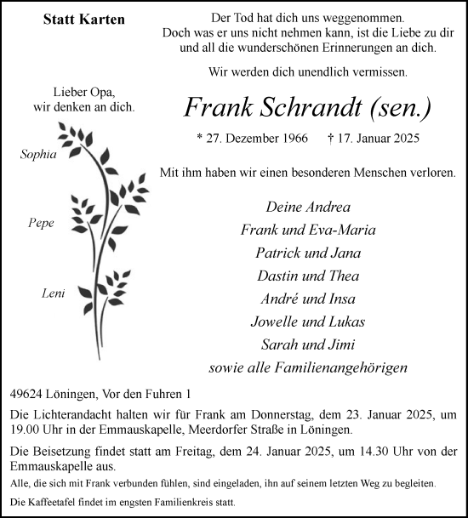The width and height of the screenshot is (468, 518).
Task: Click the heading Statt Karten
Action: [83, 20]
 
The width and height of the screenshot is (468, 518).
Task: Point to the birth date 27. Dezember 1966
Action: [250, 138]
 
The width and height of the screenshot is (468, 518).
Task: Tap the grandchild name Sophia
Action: [39, 154]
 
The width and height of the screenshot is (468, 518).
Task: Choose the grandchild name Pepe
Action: [41, 223]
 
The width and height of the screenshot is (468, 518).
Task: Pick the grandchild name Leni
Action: [41, 293]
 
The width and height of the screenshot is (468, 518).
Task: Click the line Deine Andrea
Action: [307, 207]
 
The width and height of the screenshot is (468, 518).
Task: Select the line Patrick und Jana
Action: [307, 253]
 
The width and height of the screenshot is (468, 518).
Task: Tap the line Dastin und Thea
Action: [307, 276]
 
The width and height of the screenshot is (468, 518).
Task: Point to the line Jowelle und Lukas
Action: [307, 322]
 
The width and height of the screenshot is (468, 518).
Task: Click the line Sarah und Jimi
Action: [307, 344]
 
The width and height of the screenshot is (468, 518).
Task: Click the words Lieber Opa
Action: [82, 92]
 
